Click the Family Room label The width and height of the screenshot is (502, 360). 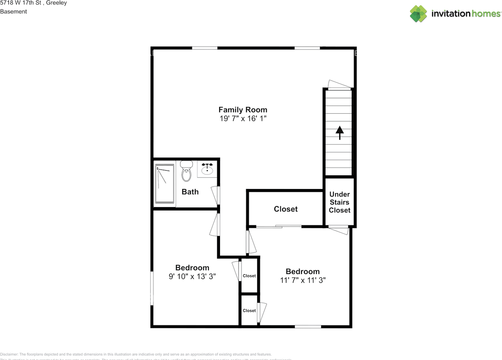coord(243,110)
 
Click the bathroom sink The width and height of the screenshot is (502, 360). coord(207,169)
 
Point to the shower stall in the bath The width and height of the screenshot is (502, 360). coord(164,184)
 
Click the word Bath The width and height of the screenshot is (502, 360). coord(190,192)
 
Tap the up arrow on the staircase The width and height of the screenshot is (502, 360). coord(339,132)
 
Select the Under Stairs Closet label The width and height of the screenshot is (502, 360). coord(339,202)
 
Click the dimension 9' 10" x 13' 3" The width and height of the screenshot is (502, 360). coord(192,276)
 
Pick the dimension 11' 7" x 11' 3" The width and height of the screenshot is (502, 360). coord(302,280)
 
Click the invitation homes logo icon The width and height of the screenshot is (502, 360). coord(418,14)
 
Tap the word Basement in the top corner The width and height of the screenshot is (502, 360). coord(13,11)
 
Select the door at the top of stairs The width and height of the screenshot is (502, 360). coord(339,85)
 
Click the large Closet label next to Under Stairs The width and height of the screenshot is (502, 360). coord(286,209)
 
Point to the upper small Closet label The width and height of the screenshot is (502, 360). coord(249,276)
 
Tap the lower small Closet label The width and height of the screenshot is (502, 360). coord(249,311)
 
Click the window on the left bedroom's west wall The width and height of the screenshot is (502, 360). coord(152,288)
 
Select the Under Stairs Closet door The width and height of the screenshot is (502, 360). coord(339,229)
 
